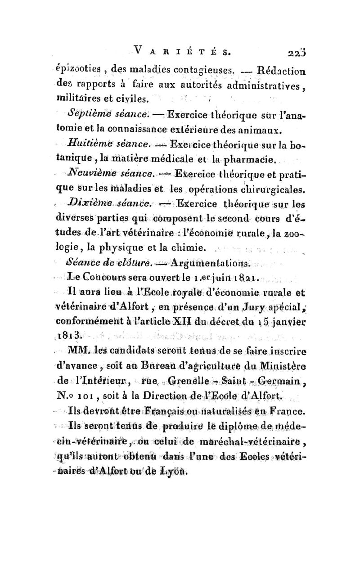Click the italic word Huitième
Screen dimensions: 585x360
click(97, 144)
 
